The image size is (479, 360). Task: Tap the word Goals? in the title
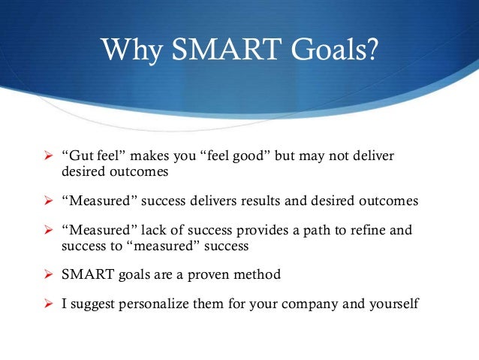pos(330,51)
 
